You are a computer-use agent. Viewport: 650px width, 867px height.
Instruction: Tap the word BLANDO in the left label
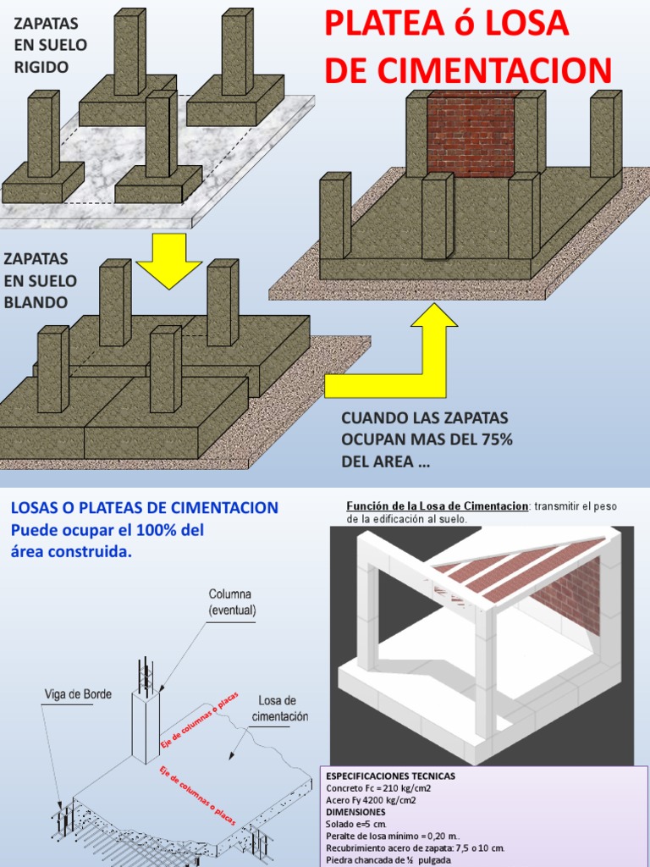coord(40,302)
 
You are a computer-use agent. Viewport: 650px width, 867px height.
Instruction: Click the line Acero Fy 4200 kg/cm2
coord(371,799)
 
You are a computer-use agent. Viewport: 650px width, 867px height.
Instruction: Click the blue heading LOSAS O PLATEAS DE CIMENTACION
coord(144,508)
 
